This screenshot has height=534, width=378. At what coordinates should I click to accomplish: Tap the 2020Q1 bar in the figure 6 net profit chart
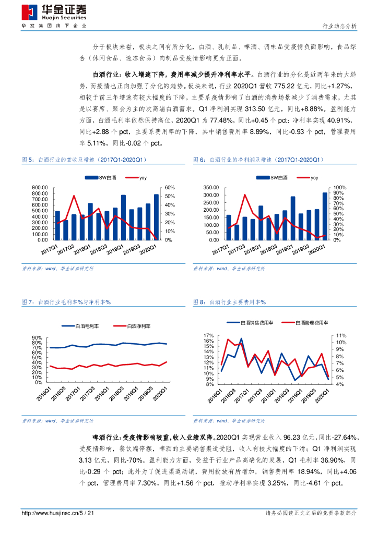[x=326, y=216]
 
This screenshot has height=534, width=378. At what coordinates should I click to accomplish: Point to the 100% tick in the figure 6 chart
[x=340, y=188]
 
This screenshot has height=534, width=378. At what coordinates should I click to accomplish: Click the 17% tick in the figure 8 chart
[x=208, y=335]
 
